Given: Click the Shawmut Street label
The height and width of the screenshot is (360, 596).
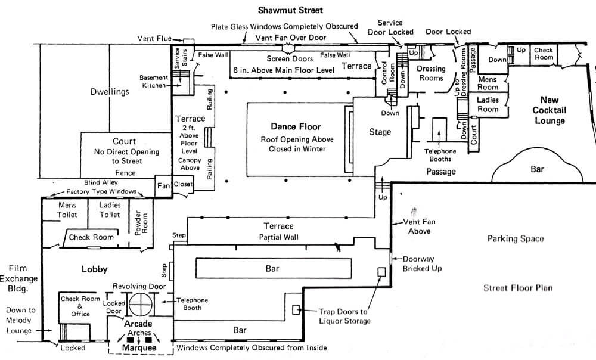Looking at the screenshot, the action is click(x=290, y=10).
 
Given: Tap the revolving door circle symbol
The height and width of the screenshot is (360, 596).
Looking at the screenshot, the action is click(x=141, y=305).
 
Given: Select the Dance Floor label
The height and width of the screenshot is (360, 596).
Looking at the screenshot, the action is click(x=296, y=126).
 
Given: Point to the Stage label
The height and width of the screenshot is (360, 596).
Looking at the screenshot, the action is click(x=380, y=132).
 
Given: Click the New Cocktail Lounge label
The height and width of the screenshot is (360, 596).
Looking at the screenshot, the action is click(x=550, y=110).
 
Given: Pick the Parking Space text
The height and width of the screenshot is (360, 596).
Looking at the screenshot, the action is click(x=516, y=239).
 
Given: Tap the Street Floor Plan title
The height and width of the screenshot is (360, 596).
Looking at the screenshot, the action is click(x=518, y=288).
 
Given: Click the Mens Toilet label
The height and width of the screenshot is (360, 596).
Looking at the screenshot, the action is click(x=67, y=210).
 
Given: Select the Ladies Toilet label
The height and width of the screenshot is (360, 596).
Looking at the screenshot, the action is click(x=110, y=210).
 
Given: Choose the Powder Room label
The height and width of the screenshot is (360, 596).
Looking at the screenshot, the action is click(x=141, y=223).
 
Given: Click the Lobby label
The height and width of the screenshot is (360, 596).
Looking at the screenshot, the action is click(x=95, y=269).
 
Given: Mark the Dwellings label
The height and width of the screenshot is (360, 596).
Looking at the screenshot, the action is click(x=110, y=92).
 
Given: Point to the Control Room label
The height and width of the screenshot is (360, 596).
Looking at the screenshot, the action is click(x=388, y=73).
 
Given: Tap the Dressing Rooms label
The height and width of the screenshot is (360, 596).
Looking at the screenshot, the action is click(x=431, y=73).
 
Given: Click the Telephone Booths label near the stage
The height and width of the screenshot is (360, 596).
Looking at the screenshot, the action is click(x=440, y=155).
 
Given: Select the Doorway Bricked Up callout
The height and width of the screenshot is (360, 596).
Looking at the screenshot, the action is click(x=423, y=264).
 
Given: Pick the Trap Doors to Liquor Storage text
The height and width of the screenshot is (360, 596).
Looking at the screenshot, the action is click(x=344, y=316).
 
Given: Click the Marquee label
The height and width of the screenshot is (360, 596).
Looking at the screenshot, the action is click(x=139, y=348).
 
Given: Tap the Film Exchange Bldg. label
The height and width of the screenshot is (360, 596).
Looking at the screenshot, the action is click(x=18, y=278).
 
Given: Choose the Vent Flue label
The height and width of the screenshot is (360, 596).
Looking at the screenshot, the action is click(x=154, y=38).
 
